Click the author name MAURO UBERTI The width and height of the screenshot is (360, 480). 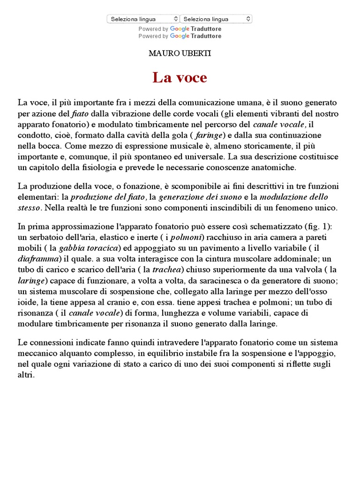(180, 53)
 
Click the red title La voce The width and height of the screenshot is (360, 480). (180, 77)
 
